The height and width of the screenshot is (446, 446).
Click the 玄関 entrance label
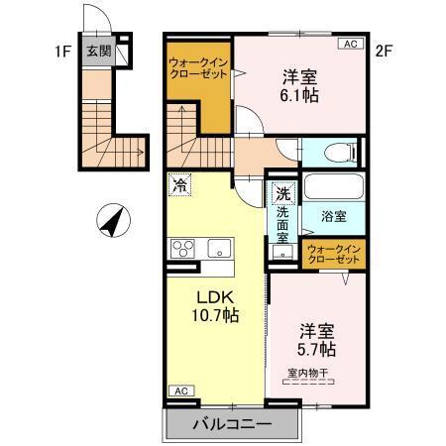click(x=97, y=52)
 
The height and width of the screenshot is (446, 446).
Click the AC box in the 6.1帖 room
click(x=351, y=44)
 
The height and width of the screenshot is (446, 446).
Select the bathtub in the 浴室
click(x=332, y=187)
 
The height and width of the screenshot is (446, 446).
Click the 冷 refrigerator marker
click(x=180, y=184)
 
